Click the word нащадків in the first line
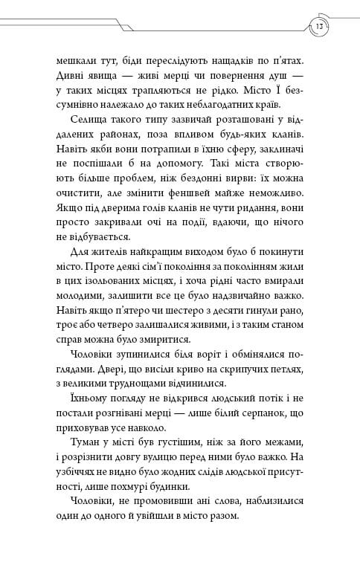pos(236,56)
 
